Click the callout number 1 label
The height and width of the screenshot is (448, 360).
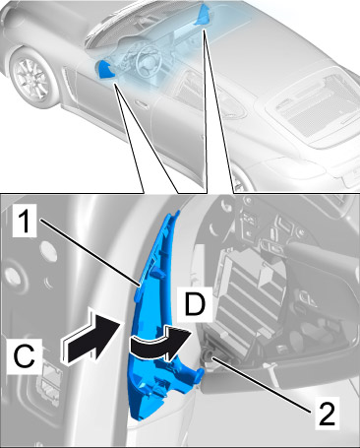24,222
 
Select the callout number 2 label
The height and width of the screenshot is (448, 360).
327,414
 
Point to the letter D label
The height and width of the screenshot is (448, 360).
195,304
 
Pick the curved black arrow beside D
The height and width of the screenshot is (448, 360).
160,344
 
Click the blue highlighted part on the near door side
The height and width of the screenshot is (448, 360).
105,70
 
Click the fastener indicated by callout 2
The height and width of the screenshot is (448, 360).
208,354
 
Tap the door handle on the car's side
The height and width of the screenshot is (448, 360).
142,104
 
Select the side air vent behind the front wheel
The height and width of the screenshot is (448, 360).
67,84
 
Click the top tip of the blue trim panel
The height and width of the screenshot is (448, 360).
178,212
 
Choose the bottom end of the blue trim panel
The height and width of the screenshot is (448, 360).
139,418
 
